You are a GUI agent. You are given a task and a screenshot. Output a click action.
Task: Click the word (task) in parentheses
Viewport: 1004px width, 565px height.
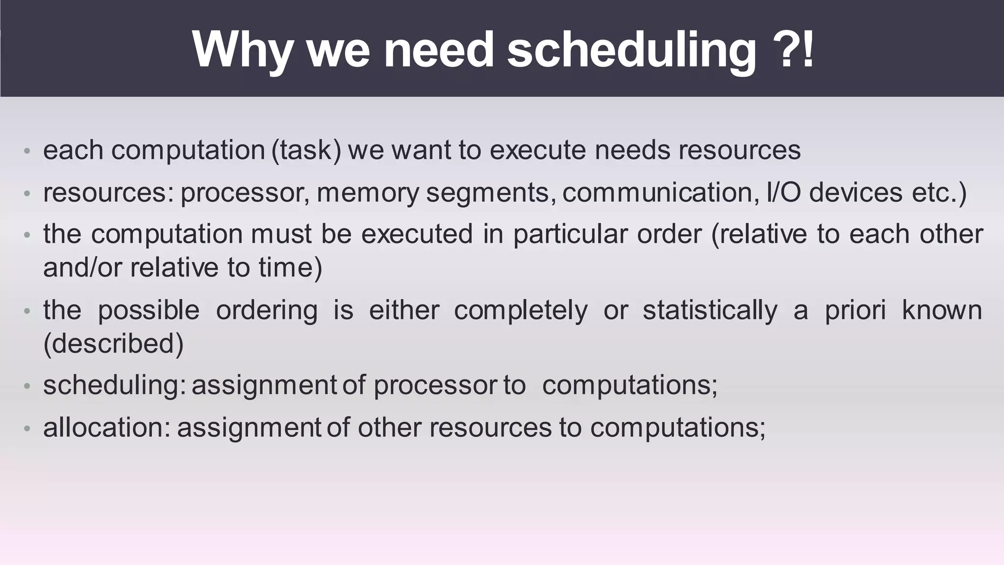[x=306, y=150]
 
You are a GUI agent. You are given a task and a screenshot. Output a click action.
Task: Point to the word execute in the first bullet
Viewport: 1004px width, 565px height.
[x=537, y=150]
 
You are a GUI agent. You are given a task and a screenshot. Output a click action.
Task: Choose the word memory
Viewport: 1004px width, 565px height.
[x=368, y=192]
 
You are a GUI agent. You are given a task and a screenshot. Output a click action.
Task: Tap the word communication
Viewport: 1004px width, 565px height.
[x=657, y=192]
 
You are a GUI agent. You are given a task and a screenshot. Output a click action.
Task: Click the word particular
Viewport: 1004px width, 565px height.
[x=570, y=234]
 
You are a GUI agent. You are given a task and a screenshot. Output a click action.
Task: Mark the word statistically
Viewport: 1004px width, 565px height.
[x=710, y=310]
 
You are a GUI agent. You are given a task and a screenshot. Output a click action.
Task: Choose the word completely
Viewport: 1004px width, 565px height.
[x=521, y=310]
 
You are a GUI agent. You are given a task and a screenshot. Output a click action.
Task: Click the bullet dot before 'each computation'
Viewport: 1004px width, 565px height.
[x=27, y=151]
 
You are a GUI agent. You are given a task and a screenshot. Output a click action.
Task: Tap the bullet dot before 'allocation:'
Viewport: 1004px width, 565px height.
[x=27, y=429]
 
